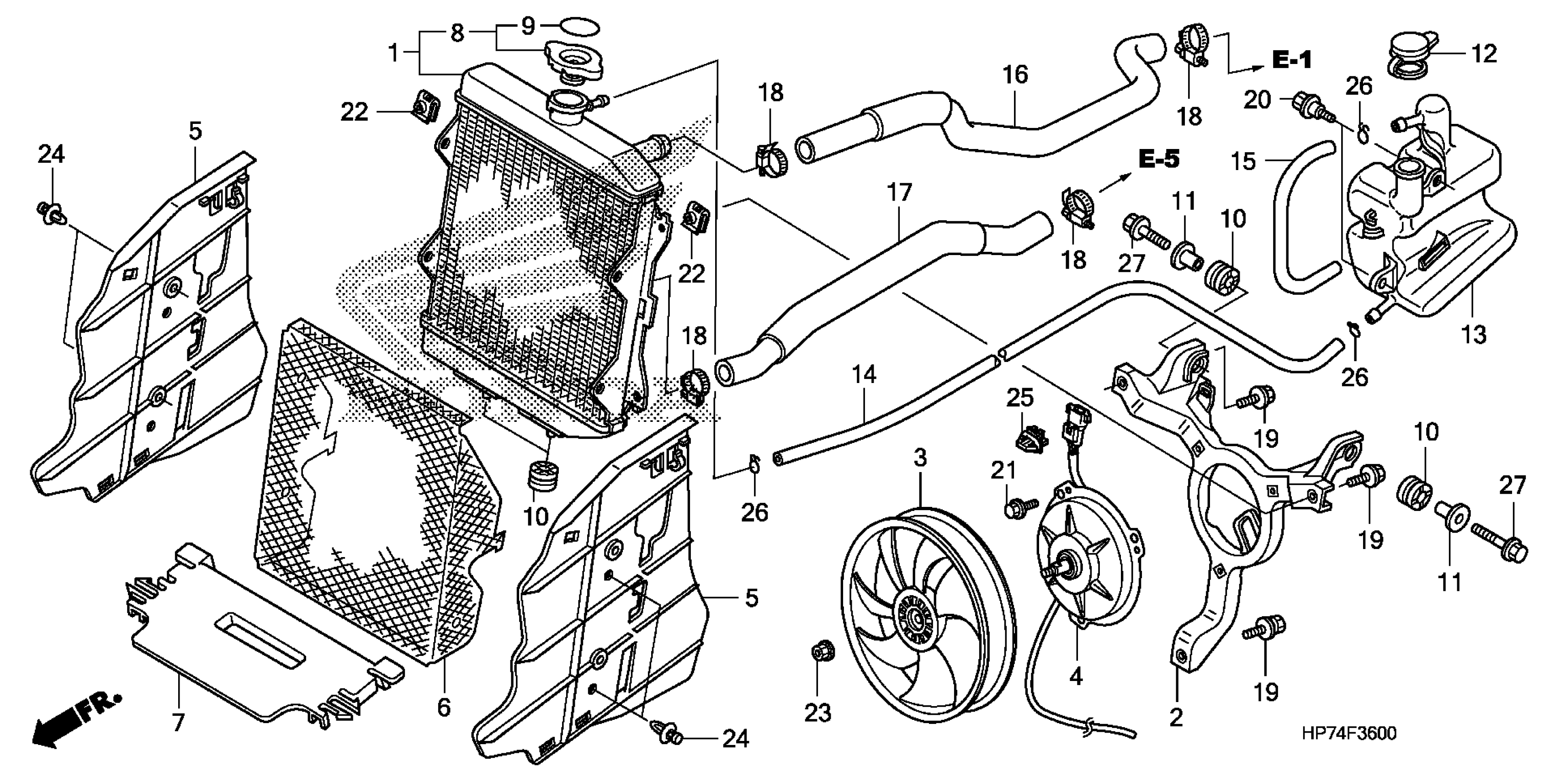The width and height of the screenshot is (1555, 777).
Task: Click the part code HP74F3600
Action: click(x=1349, y=734)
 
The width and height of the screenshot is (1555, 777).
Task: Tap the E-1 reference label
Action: click(x=1292, y=60)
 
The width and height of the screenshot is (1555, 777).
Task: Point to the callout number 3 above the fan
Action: click(x=920, y=459)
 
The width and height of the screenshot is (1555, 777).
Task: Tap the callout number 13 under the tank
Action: click(x=1473, y=334)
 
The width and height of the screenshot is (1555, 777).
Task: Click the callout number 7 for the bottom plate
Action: click(x=178, y=723)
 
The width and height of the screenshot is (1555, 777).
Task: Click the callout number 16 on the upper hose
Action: click(x=1015, y=75)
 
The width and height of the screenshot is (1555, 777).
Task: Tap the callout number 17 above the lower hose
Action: click(x=899, y=193)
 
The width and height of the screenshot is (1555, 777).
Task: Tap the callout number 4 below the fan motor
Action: click(x=1076, y=676)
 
